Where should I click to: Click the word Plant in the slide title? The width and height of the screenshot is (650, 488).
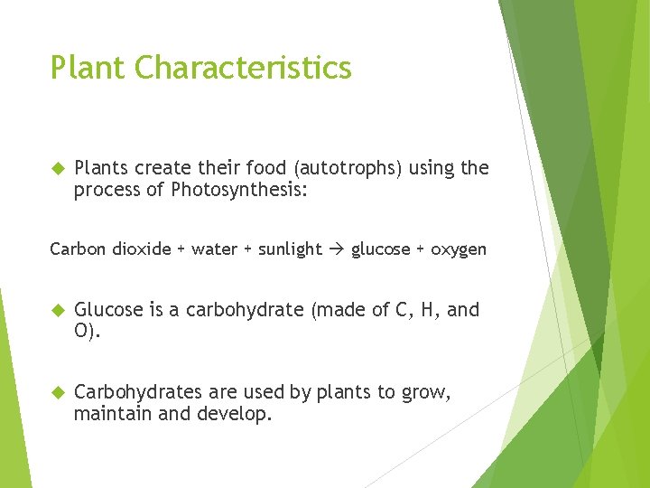(x=91, y=68)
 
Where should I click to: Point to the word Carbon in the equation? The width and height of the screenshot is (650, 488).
(x=79, y=249)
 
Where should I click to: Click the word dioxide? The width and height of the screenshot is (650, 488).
(x=142, y=249)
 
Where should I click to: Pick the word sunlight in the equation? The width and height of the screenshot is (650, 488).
(x=290, y=249)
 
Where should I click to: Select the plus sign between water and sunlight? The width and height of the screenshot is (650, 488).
(x=246, y=249)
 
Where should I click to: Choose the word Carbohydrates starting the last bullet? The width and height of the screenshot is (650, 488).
(x=138, y=392)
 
